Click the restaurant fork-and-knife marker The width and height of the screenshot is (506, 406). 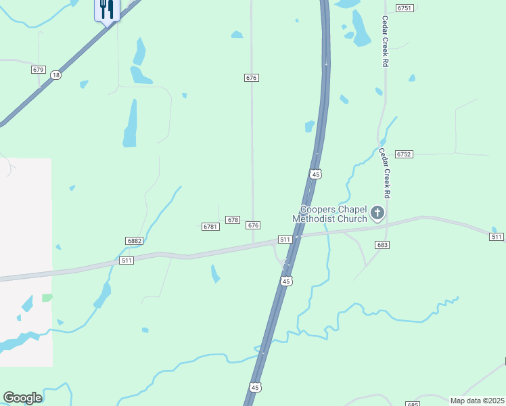pyautogui.click(x=107, y=9)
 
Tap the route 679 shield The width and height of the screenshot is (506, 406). pyautogui.click(x=38, y=70)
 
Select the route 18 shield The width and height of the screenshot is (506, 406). pyautogui.click(x=55, y=75)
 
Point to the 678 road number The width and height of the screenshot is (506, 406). pyautogui.click(x=233, y=220)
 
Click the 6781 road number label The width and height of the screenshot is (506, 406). pyautogui.click(x=210, y=227)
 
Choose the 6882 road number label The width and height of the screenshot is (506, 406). pyautogui.click(x=134, y=241)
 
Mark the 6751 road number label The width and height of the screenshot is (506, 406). pyautogui.click(x=405, y=8)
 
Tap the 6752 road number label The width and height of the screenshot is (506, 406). pyautogui.click(x=404, y=154)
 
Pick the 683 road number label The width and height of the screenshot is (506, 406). pyautogui.click(x=382, y=245)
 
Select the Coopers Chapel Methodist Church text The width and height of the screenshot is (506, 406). pyautogui.click(x=329, y=215)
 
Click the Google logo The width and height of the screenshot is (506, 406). pyautogui.click(x=22, y=398)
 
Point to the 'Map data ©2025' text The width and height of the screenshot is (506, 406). pyautogui.click(x=477, y=401)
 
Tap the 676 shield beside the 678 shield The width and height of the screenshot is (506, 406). pyautogui.click(x=253, y=225)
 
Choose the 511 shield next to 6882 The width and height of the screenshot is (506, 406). pyautogui.click(x=126, y=261)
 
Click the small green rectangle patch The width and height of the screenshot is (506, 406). pyautogui.click(x=47, y=298)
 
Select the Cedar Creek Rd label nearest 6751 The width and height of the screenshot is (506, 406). pyautogui.click(x=385, y=41)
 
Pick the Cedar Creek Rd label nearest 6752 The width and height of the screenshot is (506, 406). pyautogui.click(x=386, y=173)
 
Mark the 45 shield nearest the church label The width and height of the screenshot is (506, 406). pyautogui.click(x=315, y=174)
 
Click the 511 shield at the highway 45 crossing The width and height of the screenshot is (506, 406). pyautogui.click(x=285, y=240)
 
